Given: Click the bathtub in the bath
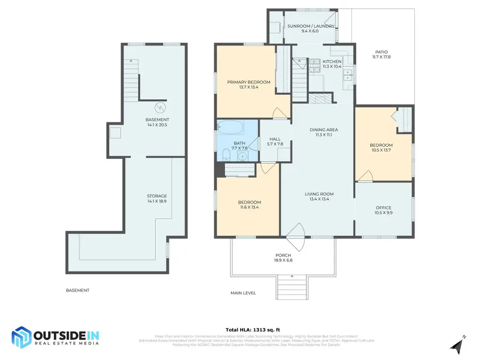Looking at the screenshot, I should [x=230, y=128].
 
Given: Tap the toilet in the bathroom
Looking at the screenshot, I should [x=226, y=155].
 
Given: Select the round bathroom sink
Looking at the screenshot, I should [x=243, y=156].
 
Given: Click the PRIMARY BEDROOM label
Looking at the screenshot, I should [x=249, y=82].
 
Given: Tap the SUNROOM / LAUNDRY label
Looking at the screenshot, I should [x=310, y=26].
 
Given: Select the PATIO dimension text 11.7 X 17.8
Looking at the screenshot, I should [x=381, y=57].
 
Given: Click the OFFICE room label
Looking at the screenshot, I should [x=383, y=208].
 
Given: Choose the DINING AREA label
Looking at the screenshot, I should [x=324, y=130].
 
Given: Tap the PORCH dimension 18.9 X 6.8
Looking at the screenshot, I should [x=283, y=260].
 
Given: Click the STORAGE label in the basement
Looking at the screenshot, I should [x=157, y=196].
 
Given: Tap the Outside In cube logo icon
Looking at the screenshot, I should [x=21, y=337].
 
